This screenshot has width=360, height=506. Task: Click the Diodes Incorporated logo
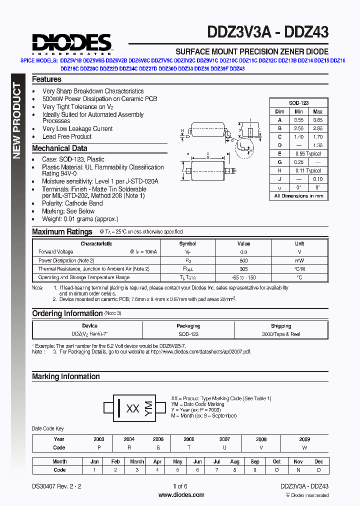coord(71,43)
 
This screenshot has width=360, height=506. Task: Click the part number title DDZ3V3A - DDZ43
coord(267,32)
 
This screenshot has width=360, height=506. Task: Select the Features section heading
coord(46,79)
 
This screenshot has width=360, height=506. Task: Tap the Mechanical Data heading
coord(59,148)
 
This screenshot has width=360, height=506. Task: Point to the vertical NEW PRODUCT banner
coord(17,120)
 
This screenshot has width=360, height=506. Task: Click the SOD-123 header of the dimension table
coord(298,102)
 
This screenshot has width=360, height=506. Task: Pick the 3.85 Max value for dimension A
coord(318,120)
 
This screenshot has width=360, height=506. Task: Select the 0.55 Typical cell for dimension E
coord(308,153)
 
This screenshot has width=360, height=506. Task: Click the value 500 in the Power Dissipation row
coord(243,260)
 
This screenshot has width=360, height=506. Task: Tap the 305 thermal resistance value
coord(243,269)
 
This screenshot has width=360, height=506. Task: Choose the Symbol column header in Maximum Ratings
coord(188,243)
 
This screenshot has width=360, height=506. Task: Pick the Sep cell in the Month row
coord(255,461)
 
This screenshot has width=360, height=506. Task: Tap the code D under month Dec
coord(319,470)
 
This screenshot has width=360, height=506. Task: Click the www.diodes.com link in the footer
coord(181,494)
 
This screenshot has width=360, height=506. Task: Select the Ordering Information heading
coord(67,313)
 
